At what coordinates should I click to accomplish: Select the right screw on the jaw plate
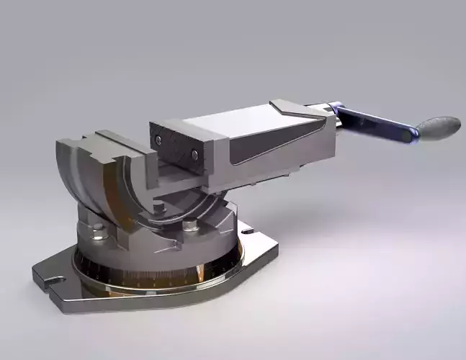[194, 153]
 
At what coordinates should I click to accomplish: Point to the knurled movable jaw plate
[176, 145]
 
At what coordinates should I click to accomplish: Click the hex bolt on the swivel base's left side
[98, 230]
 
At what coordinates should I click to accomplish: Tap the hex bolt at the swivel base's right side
[190, 225]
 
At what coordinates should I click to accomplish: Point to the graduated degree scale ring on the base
[144, 277]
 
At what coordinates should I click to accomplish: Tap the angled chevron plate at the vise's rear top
[295, 110]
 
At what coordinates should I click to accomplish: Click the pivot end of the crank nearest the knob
[409, 133]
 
